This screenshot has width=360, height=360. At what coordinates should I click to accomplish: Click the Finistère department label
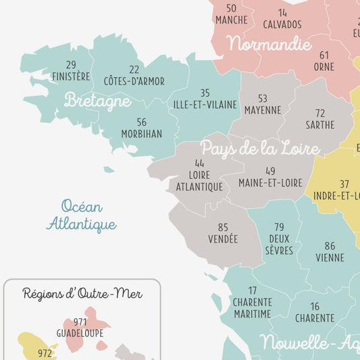pos(71,76)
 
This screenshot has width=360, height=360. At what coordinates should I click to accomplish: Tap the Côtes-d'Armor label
pos(134,81)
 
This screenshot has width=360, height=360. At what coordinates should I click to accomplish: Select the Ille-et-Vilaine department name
pos(205,104)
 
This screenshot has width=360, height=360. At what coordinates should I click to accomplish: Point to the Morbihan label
pos(141,133)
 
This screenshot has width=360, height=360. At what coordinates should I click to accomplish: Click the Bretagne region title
pos(97,101)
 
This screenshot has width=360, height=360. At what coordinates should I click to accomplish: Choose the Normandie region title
pos(269,45)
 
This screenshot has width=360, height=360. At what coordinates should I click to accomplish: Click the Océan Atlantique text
pos(81,215)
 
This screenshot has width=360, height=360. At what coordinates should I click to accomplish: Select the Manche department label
pos(232,20)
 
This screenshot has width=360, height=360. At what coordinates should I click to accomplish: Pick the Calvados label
pos(282,24)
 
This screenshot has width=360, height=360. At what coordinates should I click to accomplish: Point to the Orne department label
pos(324,67)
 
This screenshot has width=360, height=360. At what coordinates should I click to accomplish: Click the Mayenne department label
pos(263,109)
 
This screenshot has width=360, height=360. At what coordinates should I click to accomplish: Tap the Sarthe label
pos(320,124)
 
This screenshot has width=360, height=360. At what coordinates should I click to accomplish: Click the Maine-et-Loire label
pos(271,183)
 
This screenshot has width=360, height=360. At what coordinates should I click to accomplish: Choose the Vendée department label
pos(223,238)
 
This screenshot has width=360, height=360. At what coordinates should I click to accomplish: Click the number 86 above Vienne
pos(330,246)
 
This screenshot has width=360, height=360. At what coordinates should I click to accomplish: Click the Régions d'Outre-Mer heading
pos(82,293)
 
